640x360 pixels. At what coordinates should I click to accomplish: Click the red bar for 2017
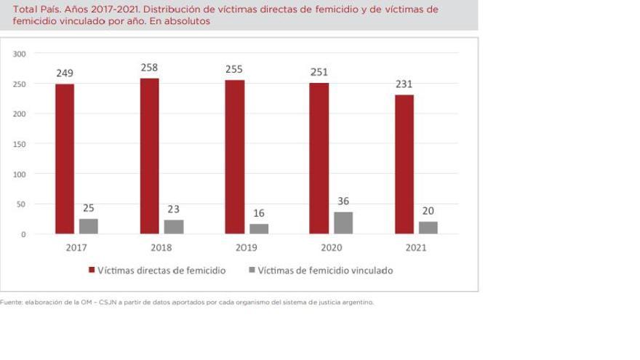tap(65, 159)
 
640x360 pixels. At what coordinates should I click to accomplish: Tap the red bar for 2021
tap(404, 164)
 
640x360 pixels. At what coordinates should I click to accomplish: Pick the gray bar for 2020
tap(343, 223)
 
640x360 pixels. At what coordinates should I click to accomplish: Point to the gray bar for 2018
tap(174, 227)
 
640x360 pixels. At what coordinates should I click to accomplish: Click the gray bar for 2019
tap(259, 229)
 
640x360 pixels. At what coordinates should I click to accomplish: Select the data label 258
tap(149, 68)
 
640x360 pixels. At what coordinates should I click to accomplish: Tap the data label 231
tap(404, 84)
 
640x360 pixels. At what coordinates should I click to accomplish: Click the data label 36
tap(343, 201)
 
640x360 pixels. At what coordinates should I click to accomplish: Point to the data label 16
tap(259, 213)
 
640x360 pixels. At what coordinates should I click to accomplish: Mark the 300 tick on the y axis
tap(20, 54)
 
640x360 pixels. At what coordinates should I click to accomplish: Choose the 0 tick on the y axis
tap(23, 234)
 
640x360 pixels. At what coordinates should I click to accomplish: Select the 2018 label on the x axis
tap(161, 248)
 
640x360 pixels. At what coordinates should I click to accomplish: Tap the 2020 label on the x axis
tap(331, 248)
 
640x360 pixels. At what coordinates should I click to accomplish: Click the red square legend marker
tap(92, 271)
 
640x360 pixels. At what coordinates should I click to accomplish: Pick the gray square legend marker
tap(252, 271)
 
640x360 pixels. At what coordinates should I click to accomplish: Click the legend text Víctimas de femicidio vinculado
tap(325, 271)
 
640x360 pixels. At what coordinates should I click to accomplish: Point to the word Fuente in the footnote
tap(11, 303)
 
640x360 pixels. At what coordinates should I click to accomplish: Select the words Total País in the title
tap(36, 9)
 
